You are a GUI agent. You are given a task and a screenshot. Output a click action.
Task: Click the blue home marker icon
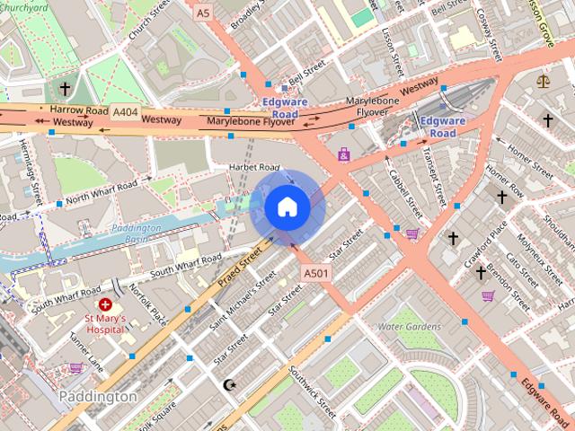coord(287,207)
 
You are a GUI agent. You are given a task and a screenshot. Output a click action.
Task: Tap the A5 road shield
coord(202,13)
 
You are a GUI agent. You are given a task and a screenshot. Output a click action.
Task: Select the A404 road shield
coord(126,111)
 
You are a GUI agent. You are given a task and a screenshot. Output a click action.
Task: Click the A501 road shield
coord(315,273)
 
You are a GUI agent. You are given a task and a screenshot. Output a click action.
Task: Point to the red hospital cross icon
coord(105,305)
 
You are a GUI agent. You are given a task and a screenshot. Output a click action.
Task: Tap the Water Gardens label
coord(410,326)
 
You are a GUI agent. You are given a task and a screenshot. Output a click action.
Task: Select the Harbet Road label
coord(255,167)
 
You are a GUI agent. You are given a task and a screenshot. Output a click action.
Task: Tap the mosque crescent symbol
coord(229,385)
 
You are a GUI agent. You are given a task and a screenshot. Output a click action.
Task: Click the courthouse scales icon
coord(542,81)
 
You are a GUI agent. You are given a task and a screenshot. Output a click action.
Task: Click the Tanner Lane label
coord(86,355)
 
